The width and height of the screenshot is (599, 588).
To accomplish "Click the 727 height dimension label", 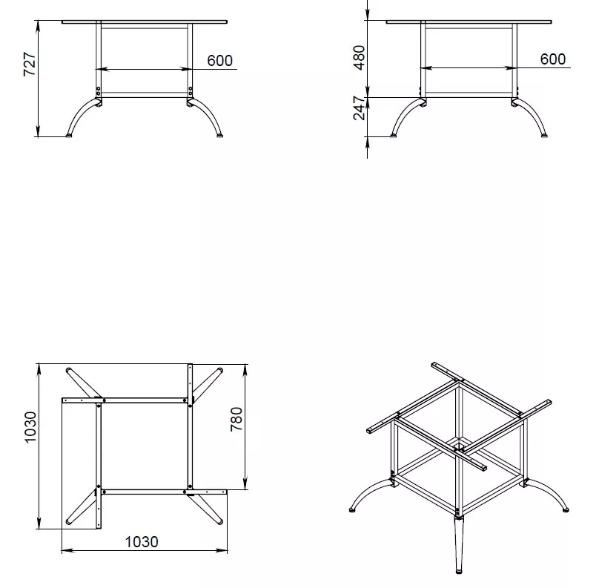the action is (x=30, y=65).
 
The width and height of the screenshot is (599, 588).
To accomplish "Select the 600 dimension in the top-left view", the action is (x=219, y=60).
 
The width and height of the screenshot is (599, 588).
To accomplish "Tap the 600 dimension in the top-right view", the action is (x=553, y=59).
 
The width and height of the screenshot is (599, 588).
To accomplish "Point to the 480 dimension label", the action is (x=359, y=58).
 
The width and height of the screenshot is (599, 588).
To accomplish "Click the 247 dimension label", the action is (x=359, y=108).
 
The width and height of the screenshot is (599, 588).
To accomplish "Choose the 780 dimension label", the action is (x=236, y=419).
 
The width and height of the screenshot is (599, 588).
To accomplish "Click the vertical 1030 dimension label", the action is (x=30, y=427).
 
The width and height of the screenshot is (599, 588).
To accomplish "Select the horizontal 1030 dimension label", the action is (x=142, y=542).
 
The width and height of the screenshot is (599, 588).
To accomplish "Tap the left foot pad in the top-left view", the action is (x=69, y=135).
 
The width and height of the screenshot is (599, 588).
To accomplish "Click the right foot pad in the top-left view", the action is (x=219, y=135).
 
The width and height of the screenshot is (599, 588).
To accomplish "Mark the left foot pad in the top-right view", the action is (x=394, y=135).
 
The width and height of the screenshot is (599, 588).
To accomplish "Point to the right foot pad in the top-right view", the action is (x=544, y=135).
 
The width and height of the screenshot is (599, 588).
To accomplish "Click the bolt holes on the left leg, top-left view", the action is (x=98, y=91).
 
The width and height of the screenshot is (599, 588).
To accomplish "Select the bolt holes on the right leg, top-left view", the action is (x=191, y=91).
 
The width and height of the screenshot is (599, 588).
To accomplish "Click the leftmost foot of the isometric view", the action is (x=352, y=509).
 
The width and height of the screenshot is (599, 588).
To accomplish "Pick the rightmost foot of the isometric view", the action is (x=566, y=509).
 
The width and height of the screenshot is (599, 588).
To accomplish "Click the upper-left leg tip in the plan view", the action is (x=68, y=370).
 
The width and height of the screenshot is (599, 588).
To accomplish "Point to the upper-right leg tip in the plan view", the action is (x=219, y=370).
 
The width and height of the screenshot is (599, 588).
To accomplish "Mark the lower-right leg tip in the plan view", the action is (x=219, y=522).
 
